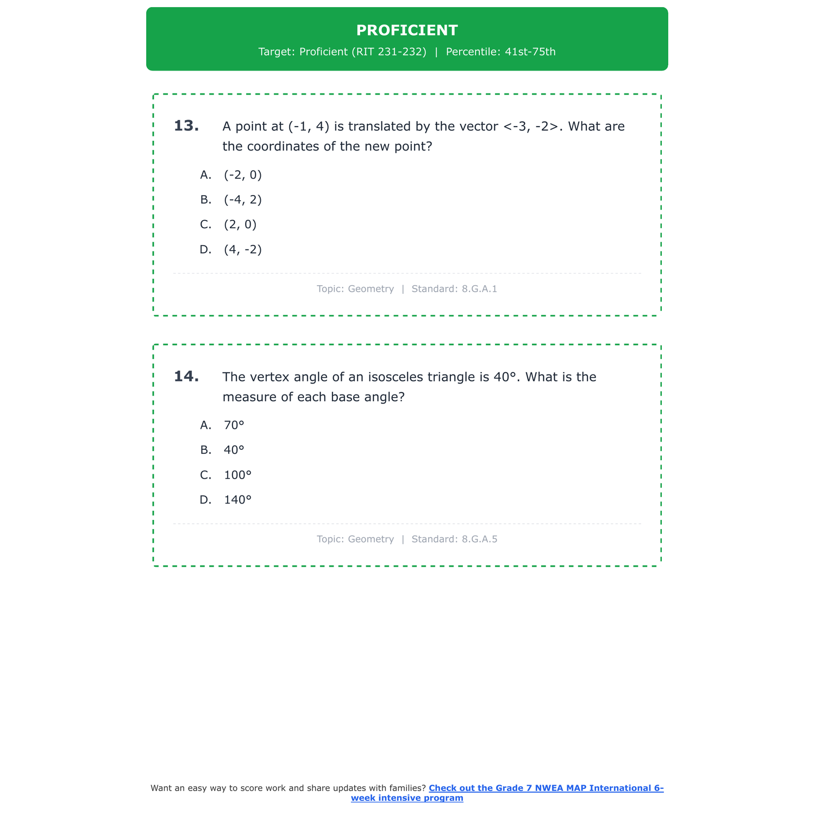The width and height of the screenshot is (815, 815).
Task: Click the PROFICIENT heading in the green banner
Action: click(x=407, y=30)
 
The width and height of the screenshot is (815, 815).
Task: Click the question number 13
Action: click(x=186, y=126)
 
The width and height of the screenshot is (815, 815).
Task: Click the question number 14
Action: click(x=186, y=377)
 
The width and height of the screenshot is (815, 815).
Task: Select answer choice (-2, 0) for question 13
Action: click(x=242, y=175)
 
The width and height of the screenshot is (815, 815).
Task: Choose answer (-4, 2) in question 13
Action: click(x=242, y=200)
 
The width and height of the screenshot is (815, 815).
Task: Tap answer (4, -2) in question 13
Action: click(x=242, y=250)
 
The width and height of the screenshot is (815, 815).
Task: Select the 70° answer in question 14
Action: click(x=234, y=425)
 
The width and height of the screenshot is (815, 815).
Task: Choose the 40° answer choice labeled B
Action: click(x=234, y=450)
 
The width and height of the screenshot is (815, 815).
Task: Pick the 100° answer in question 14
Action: click(x=237, y=475)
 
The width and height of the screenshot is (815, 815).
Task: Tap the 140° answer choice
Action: click(x=237, y=500)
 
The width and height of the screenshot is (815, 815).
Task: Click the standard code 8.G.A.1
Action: click(x=479, y=289)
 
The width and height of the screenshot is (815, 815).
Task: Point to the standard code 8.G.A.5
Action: click(x=479, y=540)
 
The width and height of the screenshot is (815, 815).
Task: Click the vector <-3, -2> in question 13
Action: click(x=531, y=127)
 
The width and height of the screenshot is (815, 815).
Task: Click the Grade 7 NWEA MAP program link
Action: click(x=546, y=788)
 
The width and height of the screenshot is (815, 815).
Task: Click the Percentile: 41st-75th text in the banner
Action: click(x=500, y=52)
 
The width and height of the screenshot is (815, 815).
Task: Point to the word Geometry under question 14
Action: click(x=371, y=540)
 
